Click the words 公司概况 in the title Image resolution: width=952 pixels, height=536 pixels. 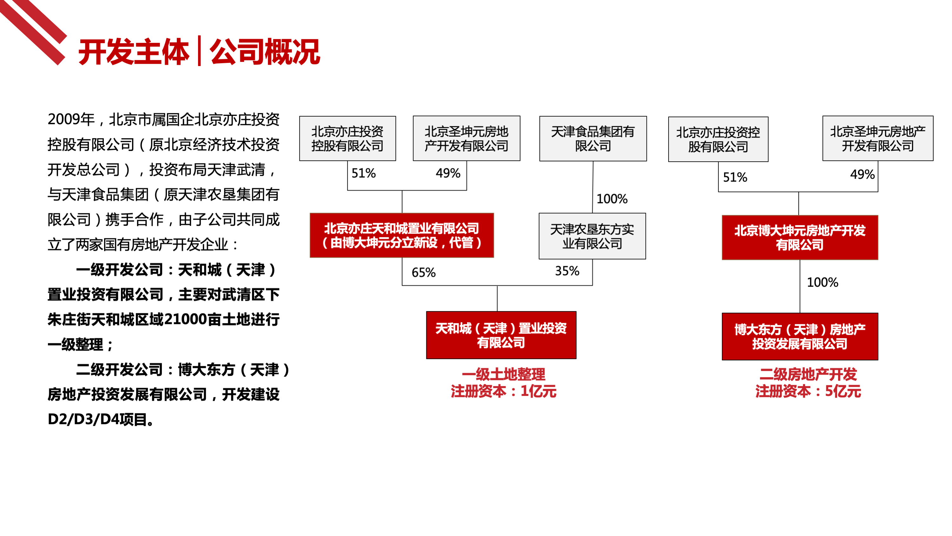click(x=265, y=52)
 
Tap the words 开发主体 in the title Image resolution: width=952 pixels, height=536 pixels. click(x=133, y=52)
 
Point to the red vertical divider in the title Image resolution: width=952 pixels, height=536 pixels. click(x=200, y=51)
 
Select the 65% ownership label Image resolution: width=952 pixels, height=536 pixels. click(x=423, y=273)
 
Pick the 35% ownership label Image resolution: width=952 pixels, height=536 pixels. click(x=567, y=271)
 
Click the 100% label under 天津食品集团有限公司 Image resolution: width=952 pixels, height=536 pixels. click(x=612, y=199)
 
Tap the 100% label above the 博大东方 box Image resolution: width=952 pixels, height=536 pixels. click(x=822, y=282)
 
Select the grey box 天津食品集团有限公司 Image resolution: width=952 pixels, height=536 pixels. click(x=593, y=139)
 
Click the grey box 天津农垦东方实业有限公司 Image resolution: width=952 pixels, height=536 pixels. click(x=592, y=236)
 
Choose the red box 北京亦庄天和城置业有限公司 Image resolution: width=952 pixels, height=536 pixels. click(x=402, y=235)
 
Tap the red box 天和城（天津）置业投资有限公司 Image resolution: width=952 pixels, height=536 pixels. click(x=501, y=335)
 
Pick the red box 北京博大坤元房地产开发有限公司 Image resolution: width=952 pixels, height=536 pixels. click(x=800, y=237)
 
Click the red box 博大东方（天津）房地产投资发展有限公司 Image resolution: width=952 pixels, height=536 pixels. click(x=800, y=336)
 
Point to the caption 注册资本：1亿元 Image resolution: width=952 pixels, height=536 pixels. click(x=503, y=391)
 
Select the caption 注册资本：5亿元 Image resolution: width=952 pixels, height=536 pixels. click(x=808, y=391)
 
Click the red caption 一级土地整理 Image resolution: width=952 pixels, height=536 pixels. click(x=503, y=374)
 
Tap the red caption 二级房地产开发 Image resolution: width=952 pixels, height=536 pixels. click(x=808, y=374)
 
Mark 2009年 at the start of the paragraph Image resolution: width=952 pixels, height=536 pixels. click(x=71, y=119)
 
